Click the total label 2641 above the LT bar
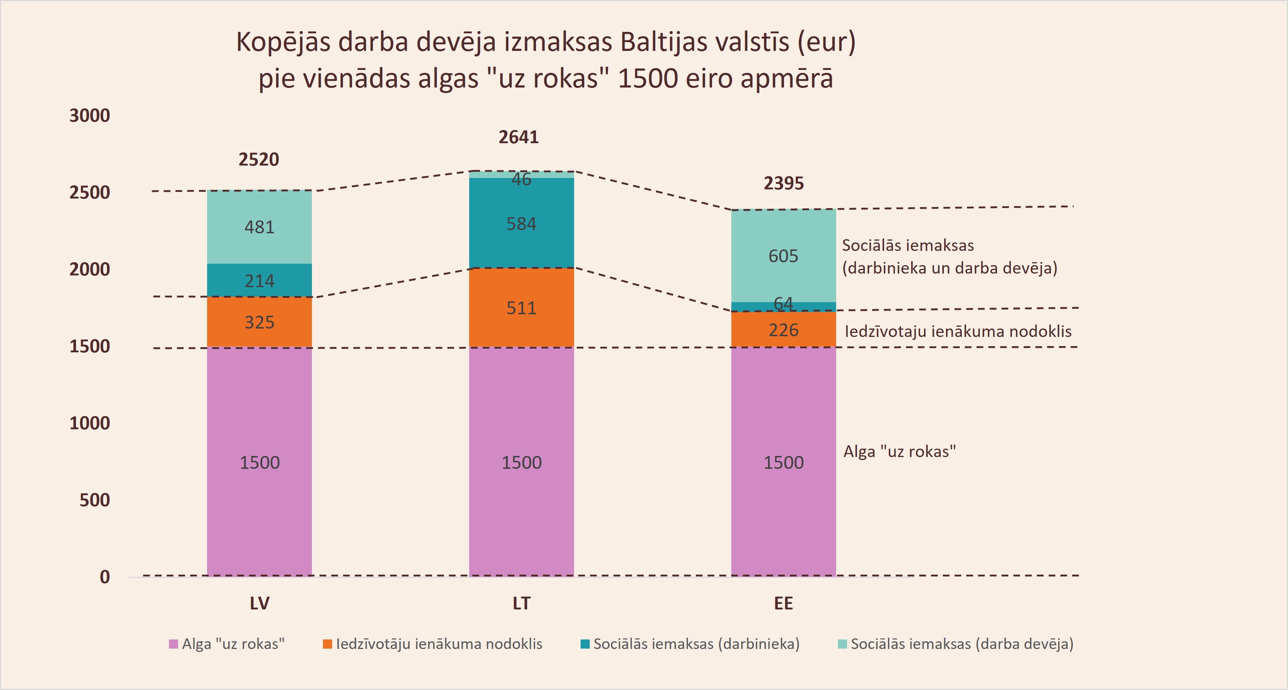coord(519,137)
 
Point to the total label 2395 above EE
coord(784,183)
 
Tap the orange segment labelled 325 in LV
coord(260,322)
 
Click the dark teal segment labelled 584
coord(521,223)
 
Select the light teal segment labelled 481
coord(260,227)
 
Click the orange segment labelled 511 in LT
coord(521,308)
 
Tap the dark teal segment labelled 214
coord(260,281)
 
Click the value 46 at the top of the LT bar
coord(521,179)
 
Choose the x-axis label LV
coord(260,604)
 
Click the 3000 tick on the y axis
coord(89,115)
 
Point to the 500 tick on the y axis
coord(95,500)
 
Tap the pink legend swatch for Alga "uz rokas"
coord(173,644)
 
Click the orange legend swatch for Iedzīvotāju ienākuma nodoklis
coord(328,644)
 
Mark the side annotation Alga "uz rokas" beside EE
coord(899,452)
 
